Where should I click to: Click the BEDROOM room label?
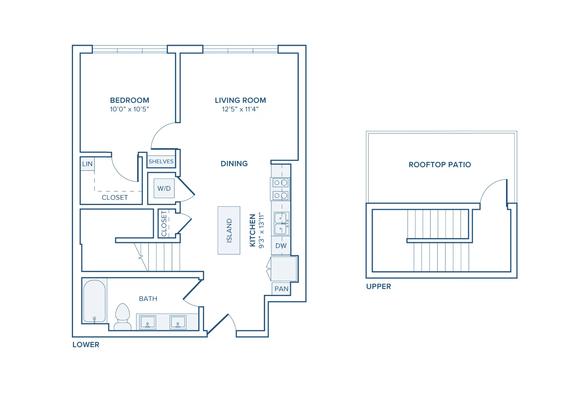pyautogui.click(x=130, y=101)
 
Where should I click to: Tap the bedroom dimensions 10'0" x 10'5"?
pyautogui.click(x=130, y=109)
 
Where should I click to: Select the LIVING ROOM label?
pyautogui.click(x=240, y=101)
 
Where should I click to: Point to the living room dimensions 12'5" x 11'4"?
pyautogui.click(x=240, y=109)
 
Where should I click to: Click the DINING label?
pyautogui.click(x=234, y=164)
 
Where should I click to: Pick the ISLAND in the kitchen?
pyautogui.click(x=229, y=230)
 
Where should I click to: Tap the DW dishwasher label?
pyautogui.click(x=281, y=246)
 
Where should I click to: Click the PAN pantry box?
pyautogui.click(x=281, y=289)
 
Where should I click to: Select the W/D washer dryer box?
pyautogui.click(x=164, y=188)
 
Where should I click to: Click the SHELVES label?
pyautogui.click(x=161, y=162)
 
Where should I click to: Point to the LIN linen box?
pyautogui.click(x=87, y=164)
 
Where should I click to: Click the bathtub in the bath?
pyautogui.click(x=94, y=301)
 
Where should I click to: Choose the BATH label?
pyautogui.click(x=148, y=299)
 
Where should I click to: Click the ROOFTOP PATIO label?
pyautogui.click(x=440, y=165)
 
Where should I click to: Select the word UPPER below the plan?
pyautogui.click(x=379, y=287)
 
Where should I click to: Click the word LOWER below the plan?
pyautogui.click(x=86, y=345)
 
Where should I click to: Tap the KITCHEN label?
pyautogui.click(x=252, y=230)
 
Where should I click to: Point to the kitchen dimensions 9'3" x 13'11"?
pyautogui.click(x=261, y=230)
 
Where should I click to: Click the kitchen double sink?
pyautogui.click(x=281, y=223)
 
